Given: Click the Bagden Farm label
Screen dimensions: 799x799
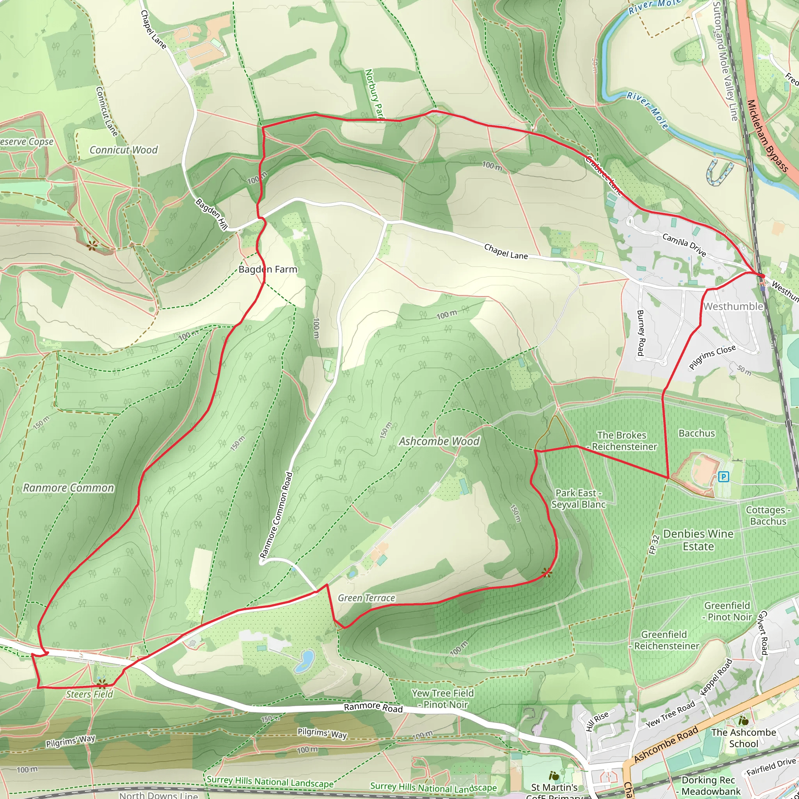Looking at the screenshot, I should tap(268, 270).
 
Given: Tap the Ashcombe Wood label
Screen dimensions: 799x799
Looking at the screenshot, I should tap(439, 442).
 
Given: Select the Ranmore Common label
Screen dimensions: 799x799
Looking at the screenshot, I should tap(68, 488).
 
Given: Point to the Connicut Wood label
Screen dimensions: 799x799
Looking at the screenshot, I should tap(124, 150).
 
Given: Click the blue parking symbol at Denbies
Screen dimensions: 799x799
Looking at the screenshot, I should tap(723, 477).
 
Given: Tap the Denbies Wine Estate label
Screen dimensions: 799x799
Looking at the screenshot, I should tap(698, 540).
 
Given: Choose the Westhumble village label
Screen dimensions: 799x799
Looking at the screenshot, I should tap(733, 306).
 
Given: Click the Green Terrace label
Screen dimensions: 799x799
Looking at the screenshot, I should tap(366, 598).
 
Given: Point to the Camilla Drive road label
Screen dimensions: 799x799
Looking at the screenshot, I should tap(684, 244).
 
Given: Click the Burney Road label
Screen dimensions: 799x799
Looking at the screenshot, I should tap(641, 333).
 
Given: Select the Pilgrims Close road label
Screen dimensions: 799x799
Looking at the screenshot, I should tap(712, 357).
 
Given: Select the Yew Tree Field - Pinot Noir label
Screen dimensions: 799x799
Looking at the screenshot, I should tap(442, 699).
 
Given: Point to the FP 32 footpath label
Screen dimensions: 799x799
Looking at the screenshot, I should tap(654, 545).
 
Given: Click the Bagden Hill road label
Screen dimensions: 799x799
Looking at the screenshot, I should tap(211, 214).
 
